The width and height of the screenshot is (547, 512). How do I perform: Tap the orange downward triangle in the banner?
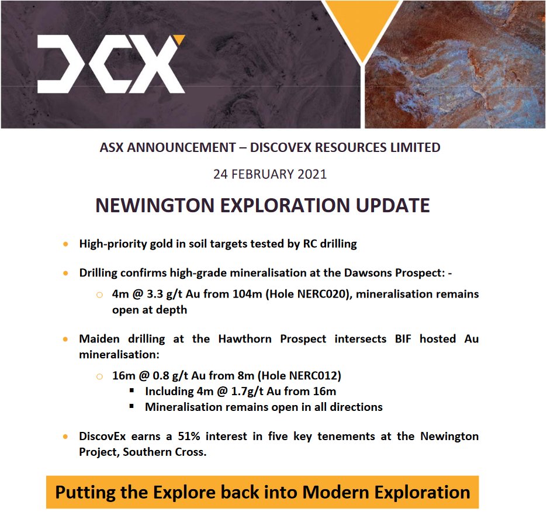click(x=362, y=26)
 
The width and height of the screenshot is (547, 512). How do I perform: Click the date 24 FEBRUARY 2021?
click(x=270, y=174)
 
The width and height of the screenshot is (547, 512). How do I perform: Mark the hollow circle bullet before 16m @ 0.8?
click(x=99, y=376)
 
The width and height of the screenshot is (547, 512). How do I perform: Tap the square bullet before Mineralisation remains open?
click(x=133, y=406)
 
